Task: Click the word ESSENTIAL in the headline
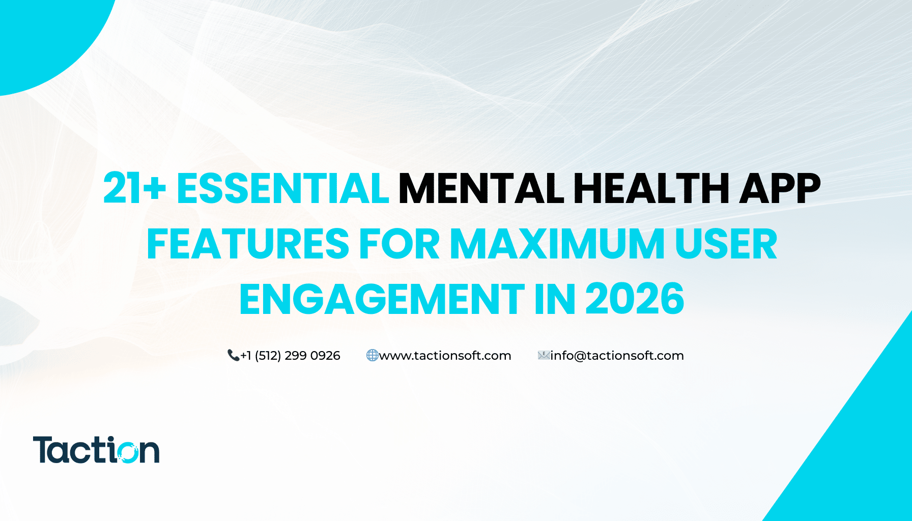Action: [283, 189]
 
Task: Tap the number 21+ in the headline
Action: [134, 189]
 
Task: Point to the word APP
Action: [780, 189]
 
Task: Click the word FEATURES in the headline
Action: [248, 244]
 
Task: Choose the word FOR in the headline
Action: [400, 244]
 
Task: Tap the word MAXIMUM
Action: [557, 244]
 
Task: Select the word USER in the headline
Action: [726, 244]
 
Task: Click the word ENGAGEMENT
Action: [382, 299]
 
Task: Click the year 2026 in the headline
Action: [635, 299]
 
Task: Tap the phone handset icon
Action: [234, 355]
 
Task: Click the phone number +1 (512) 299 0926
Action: [290, 356]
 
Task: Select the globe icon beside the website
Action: [373, 355]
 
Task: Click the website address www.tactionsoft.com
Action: [445, 356]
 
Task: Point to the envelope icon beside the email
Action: [544, 355]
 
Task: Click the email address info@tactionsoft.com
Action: [617, 356]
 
